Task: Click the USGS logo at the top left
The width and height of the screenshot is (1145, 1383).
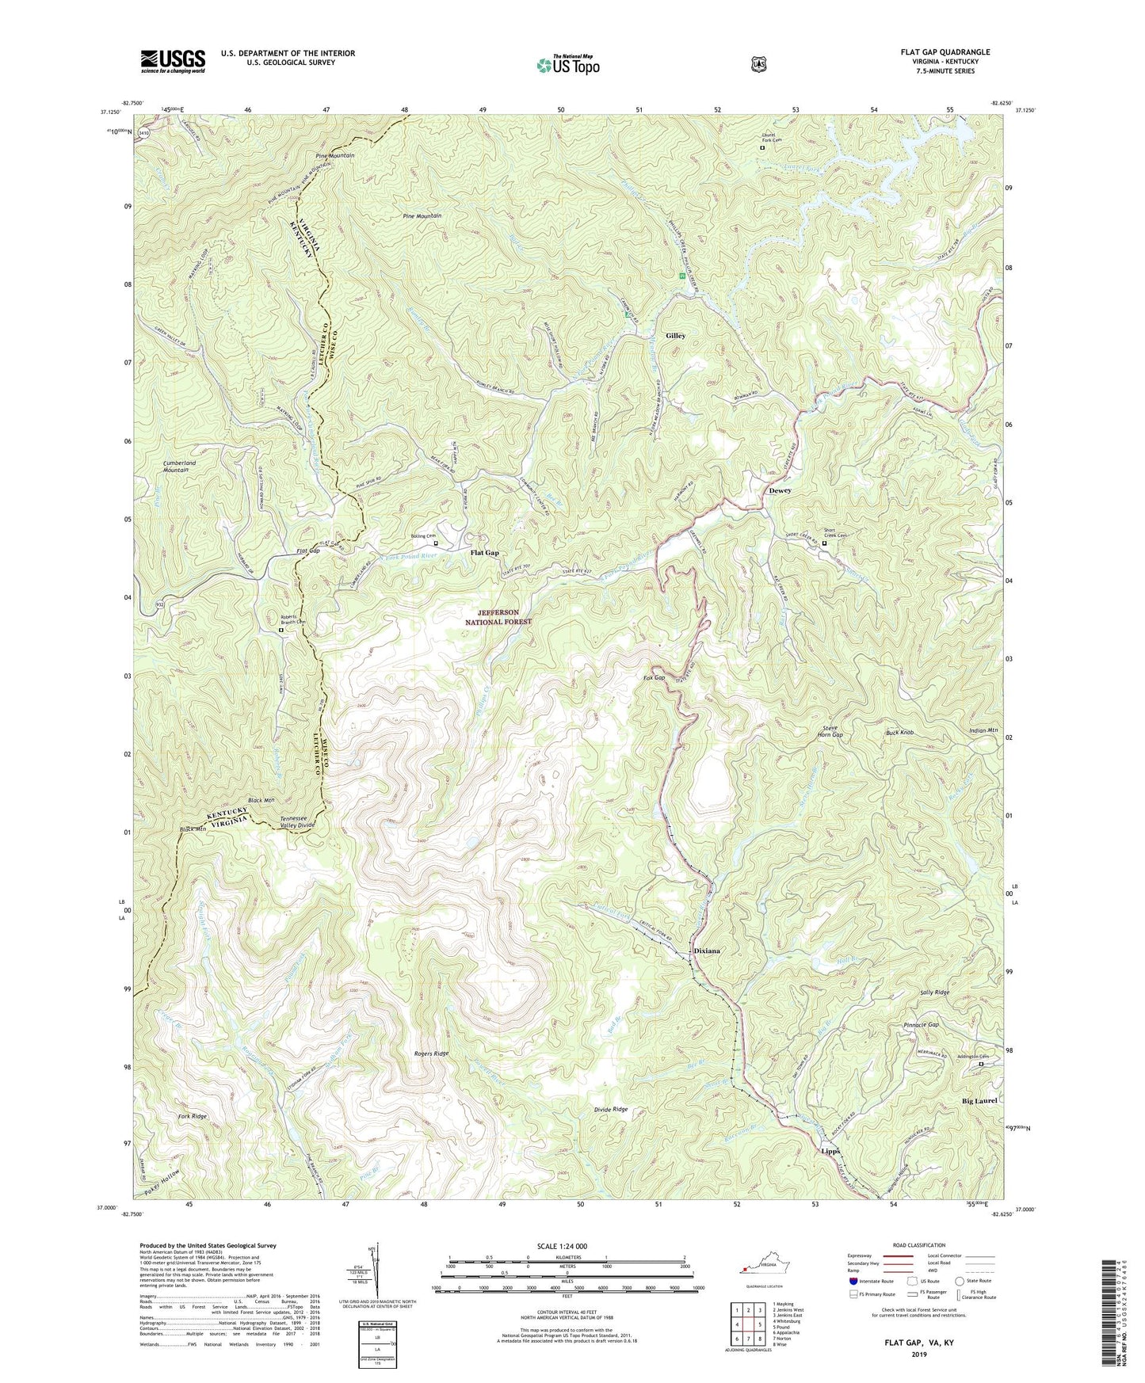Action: (173, 61)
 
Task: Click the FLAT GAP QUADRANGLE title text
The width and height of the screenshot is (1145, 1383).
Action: (945, 52)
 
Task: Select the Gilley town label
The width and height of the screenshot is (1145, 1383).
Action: (675, 336)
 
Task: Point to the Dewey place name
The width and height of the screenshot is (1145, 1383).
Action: (780, 491)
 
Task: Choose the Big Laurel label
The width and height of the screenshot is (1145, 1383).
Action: (979, 1101)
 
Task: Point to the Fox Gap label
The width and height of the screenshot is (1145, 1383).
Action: (654, 678)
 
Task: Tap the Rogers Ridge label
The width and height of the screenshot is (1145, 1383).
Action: (431, 1053)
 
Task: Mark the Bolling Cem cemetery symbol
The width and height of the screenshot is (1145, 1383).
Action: (436, 543)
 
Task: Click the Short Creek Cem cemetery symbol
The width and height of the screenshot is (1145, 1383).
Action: (824, 543)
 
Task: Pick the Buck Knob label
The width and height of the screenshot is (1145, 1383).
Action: (899, 733)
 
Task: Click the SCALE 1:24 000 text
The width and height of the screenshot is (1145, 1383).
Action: (562, 1246)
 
